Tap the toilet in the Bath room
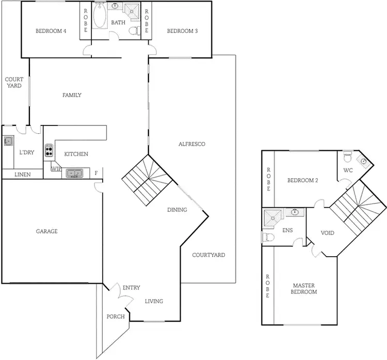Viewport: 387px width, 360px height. (x=134, y=30)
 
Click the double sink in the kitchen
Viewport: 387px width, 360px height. (x=74, y=174)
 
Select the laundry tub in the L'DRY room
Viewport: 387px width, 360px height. (x=8, y=140)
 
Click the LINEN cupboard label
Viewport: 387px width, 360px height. (x=21, y=175)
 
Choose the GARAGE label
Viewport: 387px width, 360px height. (x=46, y=231)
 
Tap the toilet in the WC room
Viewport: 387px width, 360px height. (x=347, y=155)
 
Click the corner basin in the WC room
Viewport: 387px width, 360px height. (x=364, y=161)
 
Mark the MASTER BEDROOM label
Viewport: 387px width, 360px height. (x=304, y=289)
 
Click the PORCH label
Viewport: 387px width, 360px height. (x=116, y=317)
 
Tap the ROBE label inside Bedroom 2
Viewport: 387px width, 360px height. (x=268, y=180)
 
